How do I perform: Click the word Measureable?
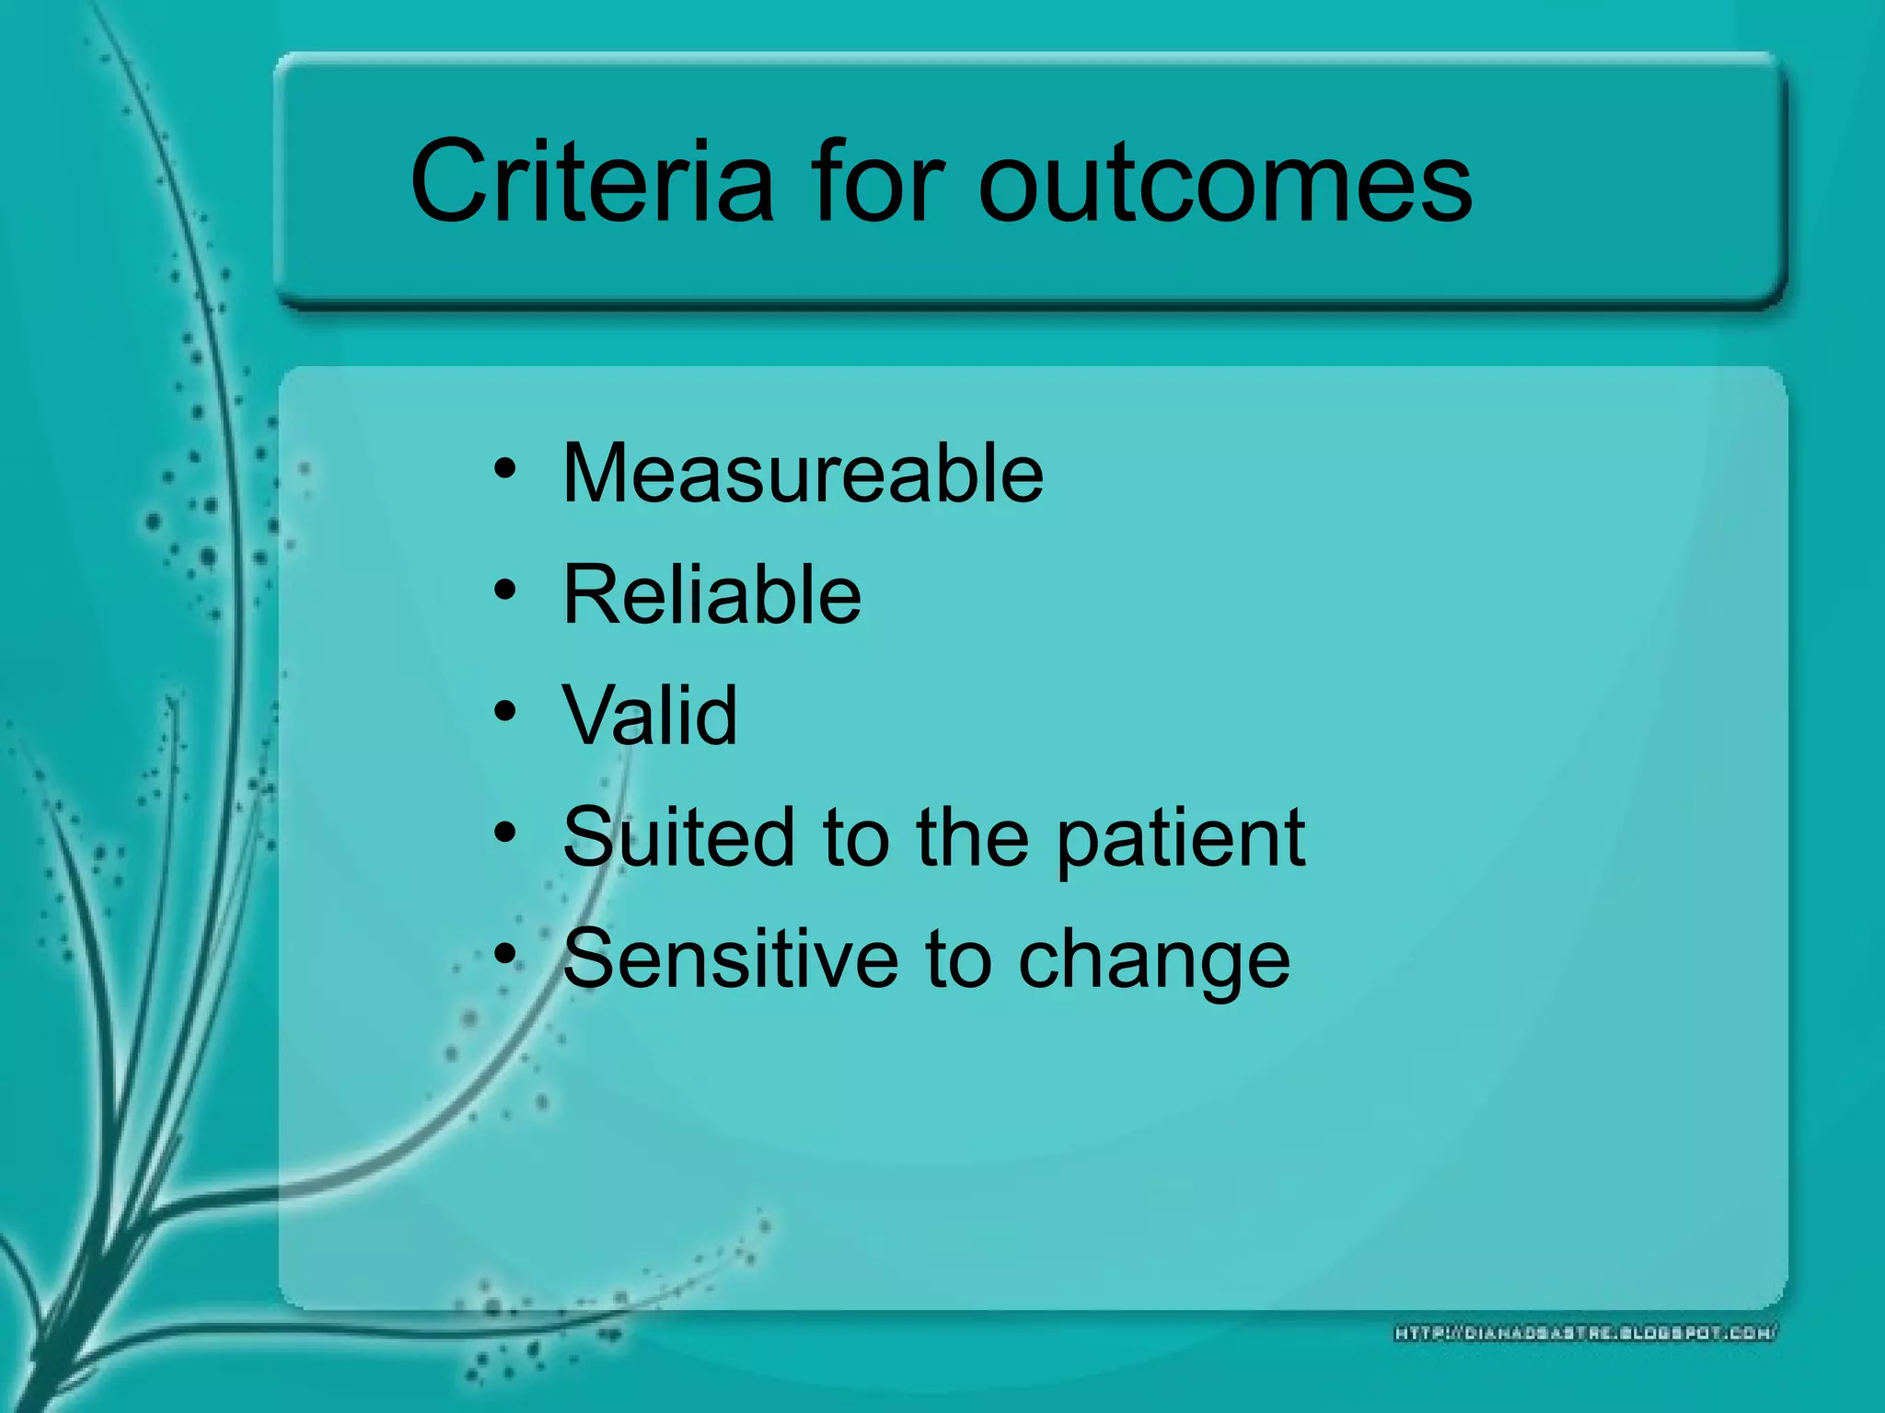pos(803,473)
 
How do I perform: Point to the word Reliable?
pos(711,594)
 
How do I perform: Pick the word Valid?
pos(650,715)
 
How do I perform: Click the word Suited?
pos(678,836)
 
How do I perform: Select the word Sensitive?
pos(730,958)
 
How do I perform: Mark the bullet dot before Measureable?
pos(505,468)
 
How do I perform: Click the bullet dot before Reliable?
pos(505,590)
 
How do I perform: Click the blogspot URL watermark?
pos(1585,1333)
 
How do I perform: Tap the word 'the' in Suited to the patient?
pos(972,836)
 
